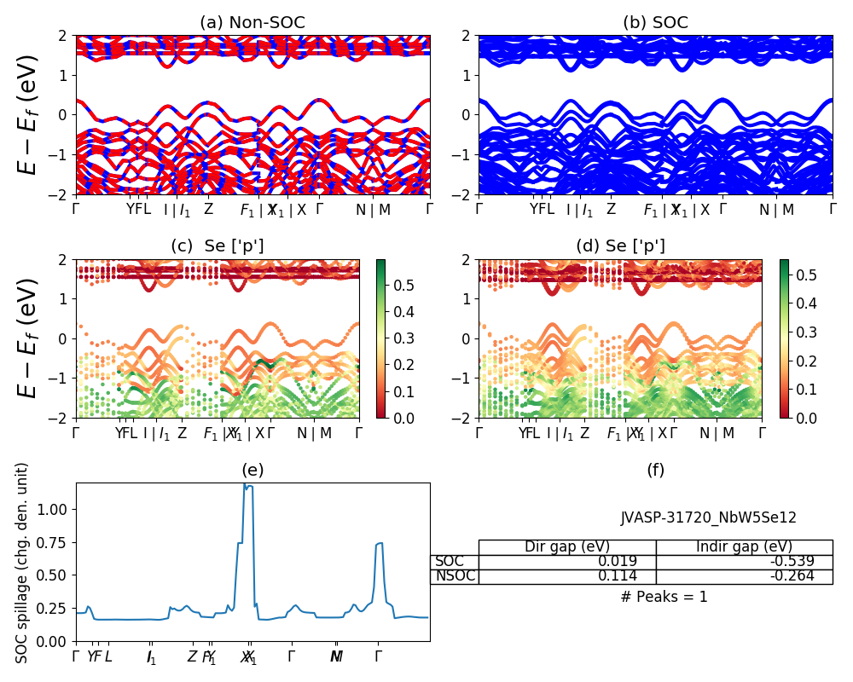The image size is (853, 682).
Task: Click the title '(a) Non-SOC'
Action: (x=252, y=23)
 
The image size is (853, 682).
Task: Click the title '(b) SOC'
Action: (x=655, y=23)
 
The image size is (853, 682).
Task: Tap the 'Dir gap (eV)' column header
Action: (x=566, y=547)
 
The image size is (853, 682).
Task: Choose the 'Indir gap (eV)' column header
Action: (x=744, y=547)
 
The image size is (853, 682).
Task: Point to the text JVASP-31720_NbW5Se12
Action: (x=708, y=517)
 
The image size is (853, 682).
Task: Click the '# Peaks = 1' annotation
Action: (x=664, y=597)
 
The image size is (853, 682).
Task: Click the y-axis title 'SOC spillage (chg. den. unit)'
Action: (x=23, y=563)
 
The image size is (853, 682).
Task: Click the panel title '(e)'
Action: (x=252, y=470)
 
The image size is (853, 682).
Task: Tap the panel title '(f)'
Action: (x=655, y=470)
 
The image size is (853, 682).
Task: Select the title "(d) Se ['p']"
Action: (x=620, y=246)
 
